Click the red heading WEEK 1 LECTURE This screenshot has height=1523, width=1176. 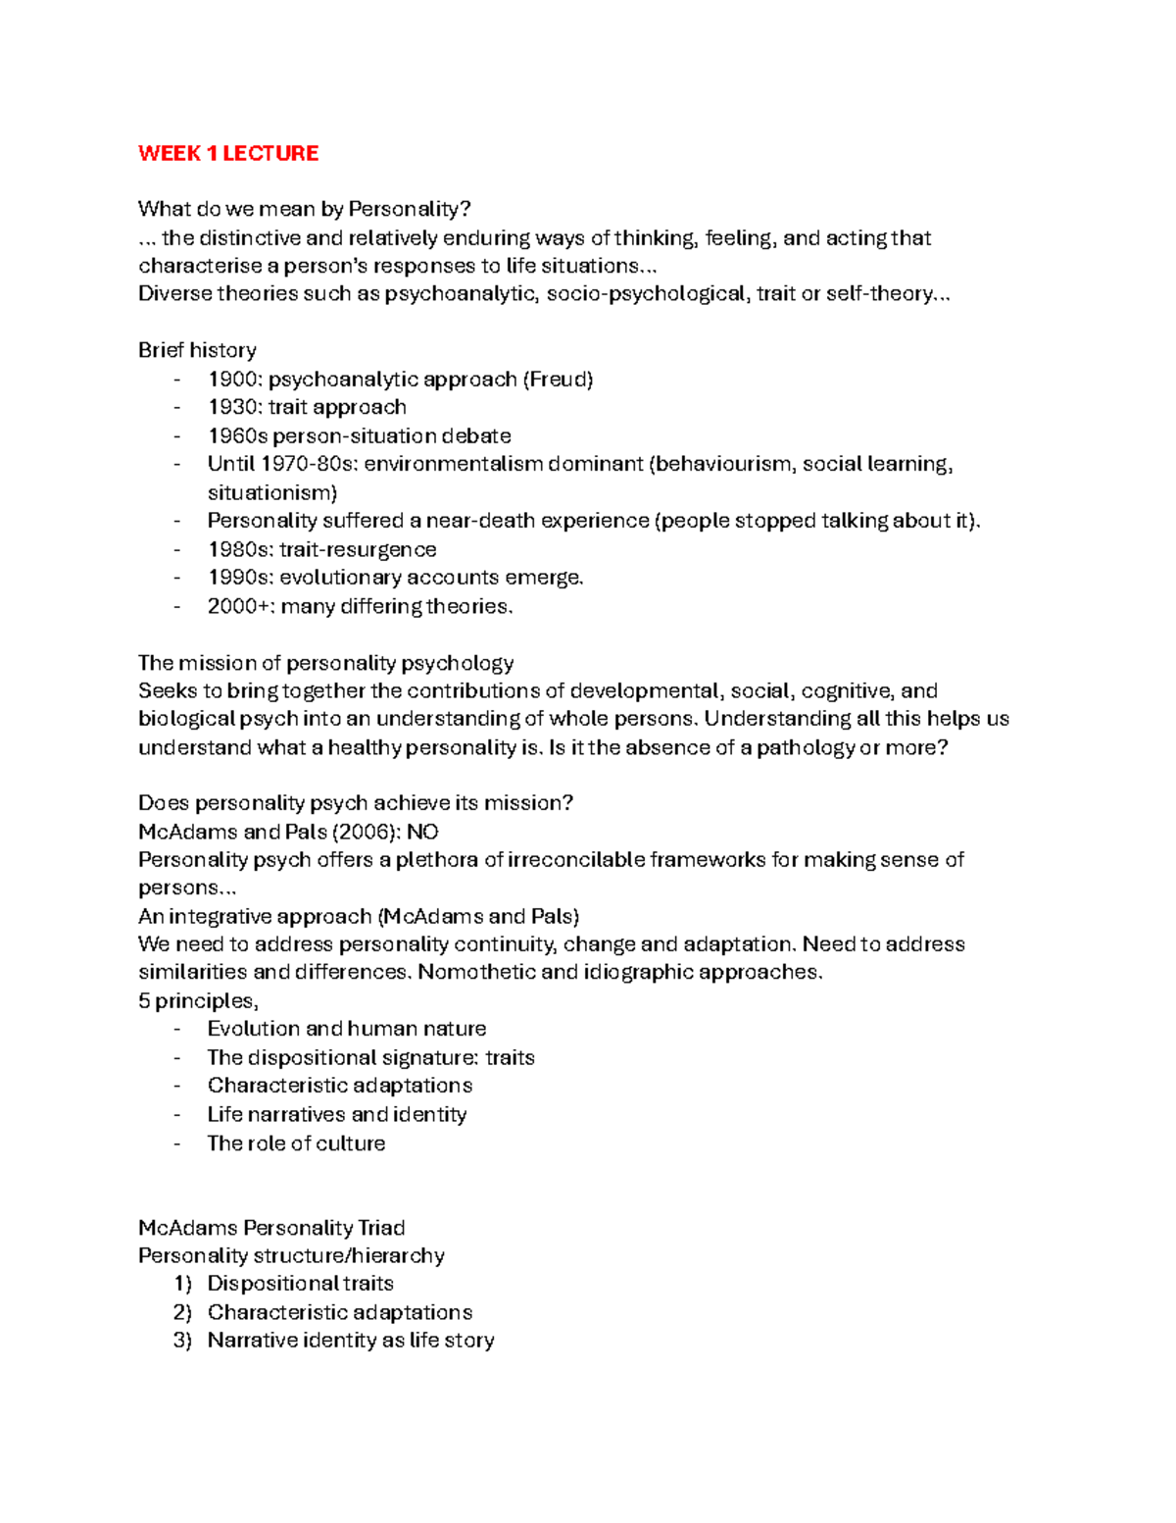tap(228, 153)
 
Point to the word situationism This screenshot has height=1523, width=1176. tap(269, 492)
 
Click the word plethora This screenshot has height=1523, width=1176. tap(435, 860)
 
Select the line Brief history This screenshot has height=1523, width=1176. tap(197, 350)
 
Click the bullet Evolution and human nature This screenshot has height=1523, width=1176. tap(347, 1029)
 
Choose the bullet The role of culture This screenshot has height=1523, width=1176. tap(296, 1143)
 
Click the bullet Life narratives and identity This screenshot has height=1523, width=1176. tap(337, 1115)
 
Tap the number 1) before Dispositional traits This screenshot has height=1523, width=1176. tap(182, 1284)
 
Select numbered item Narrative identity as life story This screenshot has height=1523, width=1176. tap(351, 1341)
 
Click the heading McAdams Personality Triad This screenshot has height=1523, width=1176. tap(271, 1228)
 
